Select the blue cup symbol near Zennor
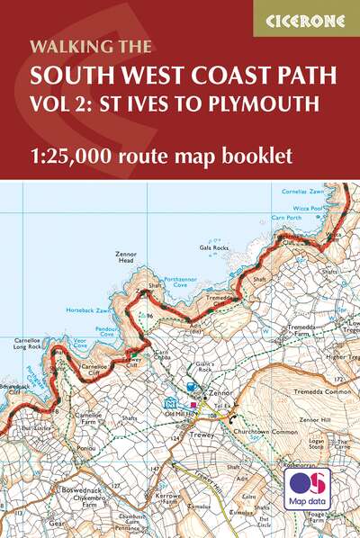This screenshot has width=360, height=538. pos(191,387)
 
